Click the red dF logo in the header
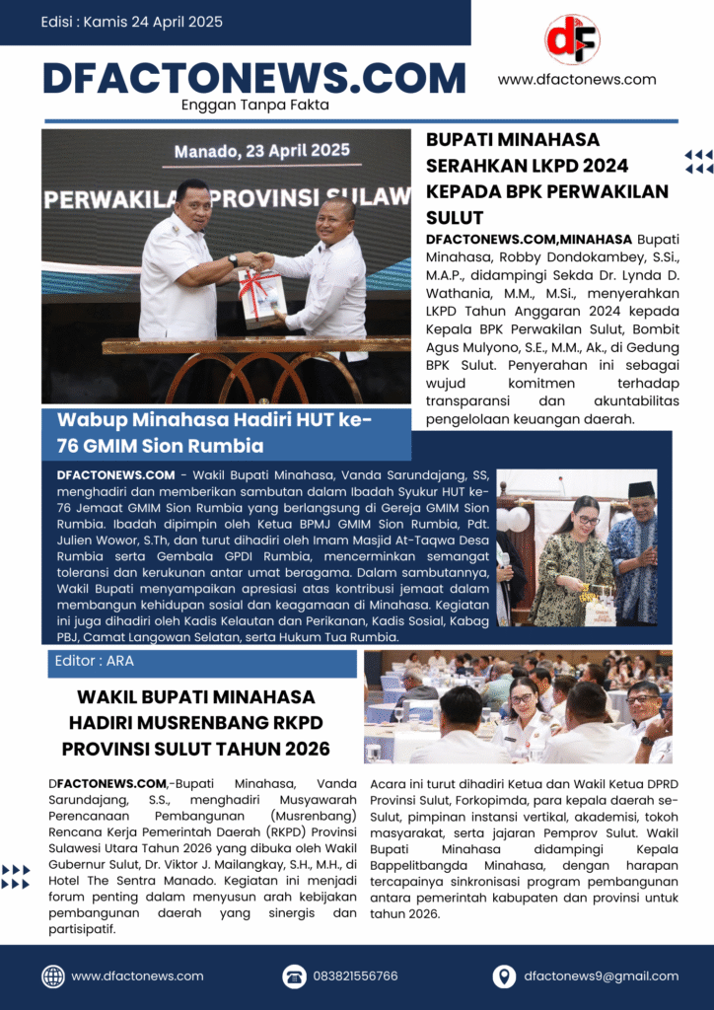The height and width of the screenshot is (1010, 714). (x=572, y=39)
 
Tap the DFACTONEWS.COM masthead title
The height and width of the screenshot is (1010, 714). (x=254, y=78)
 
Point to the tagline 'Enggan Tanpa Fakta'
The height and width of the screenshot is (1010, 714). (x=255, y=105)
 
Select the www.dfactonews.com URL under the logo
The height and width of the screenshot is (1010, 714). (x=577, y=80)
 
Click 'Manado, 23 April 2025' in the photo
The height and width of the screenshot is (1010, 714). (x=262, y=152)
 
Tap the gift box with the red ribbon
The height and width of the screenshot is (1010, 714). (x=259, y=296)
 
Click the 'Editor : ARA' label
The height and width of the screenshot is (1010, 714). (x=94, y=662)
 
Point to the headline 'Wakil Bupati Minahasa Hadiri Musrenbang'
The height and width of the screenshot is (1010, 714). (x=195, y=723)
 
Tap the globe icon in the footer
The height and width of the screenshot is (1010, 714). (x=53, y=975)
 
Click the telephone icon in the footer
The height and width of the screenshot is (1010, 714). (x=294, y=975)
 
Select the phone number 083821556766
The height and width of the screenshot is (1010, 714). (x=355, y=975)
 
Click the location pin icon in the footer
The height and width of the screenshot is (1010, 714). (x=504, y=975)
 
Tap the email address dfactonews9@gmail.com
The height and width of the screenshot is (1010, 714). (x=601, y=975)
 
